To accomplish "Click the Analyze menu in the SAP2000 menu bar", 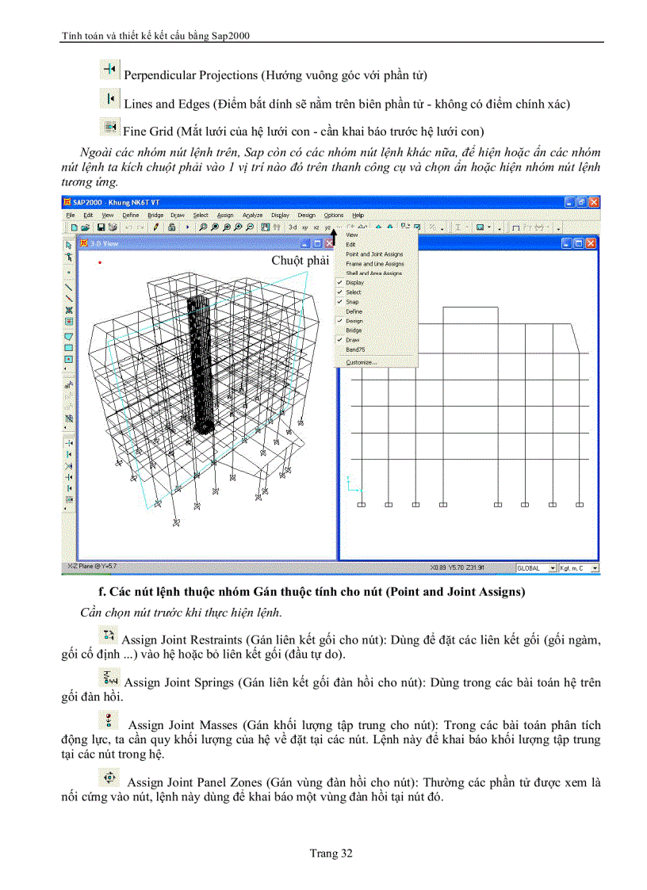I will coord(253,215).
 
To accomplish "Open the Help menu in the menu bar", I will coord(358,215).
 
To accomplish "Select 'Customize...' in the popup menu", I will coord(362,362).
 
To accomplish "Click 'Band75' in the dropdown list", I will coord(354,350).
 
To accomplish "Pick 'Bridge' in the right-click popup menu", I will coord(353,330).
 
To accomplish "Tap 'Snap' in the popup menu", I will coord(352,302).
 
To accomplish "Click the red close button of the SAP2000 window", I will coord(594,203).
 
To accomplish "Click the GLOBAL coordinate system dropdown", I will coord(536,568).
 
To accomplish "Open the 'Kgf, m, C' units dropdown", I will coord(579,568).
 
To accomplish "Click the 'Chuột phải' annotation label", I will coord(300,260).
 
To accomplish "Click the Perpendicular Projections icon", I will coord(109,71).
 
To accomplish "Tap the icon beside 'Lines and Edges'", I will coord(109,99).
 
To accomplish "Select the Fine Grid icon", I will coord(109,127).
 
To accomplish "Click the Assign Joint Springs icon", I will coord(110,678).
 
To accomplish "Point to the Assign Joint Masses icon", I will coord(110,720).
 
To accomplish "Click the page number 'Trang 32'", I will coord(331,853).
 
